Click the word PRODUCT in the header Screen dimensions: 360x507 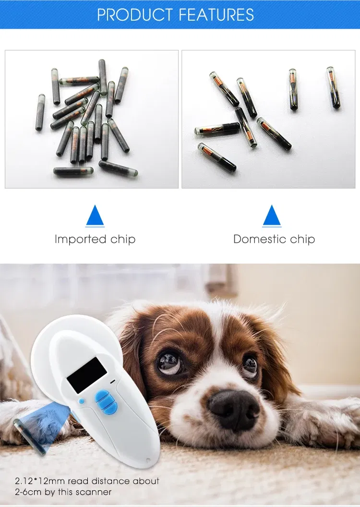(135, 14)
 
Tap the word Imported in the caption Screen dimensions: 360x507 (81, 239)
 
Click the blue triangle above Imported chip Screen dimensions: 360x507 (95, 216)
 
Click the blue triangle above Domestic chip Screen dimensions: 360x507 (272, 216)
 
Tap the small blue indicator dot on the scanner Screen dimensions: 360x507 (82, 401)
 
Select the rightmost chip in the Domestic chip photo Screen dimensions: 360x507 (333, 87)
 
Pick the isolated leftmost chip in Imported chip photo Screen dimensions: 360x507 (40, 112)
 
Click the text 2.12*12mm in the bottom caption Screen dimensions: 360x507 (40, 481)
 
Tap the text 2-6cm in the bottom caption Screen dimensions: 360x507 (28, 492)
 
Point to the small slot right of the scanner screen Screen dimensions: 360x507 (112, 382)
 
